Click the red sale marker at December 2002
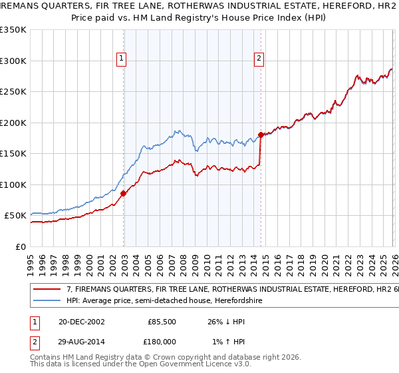(124, 194)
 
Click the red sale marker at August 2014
(261, 135)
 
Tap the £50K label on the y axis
(16, 216)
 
